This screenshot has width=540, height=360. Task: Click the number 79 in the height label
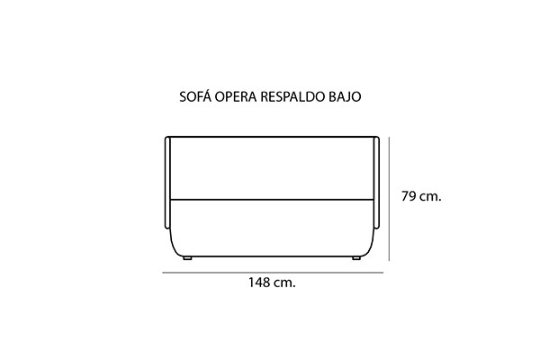coord(409,196)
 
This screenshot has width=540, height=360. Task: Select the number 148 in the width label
coord(259,283)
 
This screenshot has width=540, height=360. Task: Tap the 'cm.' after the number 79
coord(430,197)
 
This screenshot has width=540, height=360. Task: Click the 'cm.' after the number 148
coord(284,283)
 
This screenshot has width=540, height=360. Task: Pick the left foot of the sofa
coord(187,258)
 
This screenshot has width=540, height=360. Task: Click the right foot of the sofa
coord(356,258)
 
